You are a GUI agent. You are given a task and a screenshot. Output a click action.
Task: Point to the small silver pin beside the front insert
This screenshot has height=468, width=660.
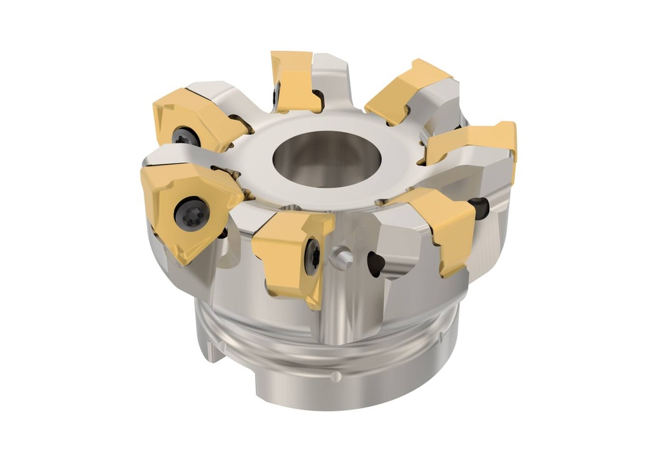tap(342, 258)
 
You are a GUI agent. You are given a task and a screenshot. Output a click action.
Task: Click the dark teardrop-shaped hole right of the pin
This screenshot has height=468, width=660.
tap(375, 262)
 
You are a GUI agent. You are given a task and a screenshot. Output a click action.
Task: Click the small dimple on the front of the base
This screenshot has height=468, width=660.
tap(329, 375)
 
